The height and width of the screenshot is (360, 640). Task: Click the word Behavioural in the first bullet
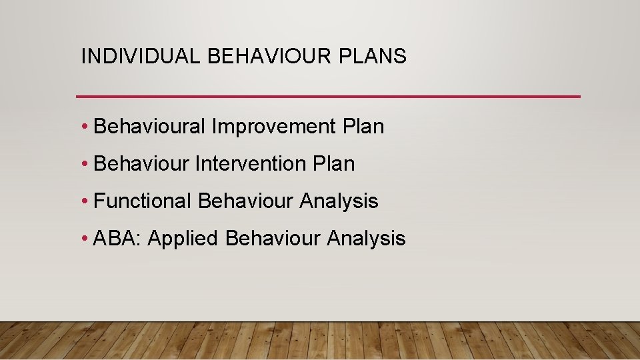150,127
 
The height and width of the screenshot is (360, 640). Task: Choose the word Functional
143,201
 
